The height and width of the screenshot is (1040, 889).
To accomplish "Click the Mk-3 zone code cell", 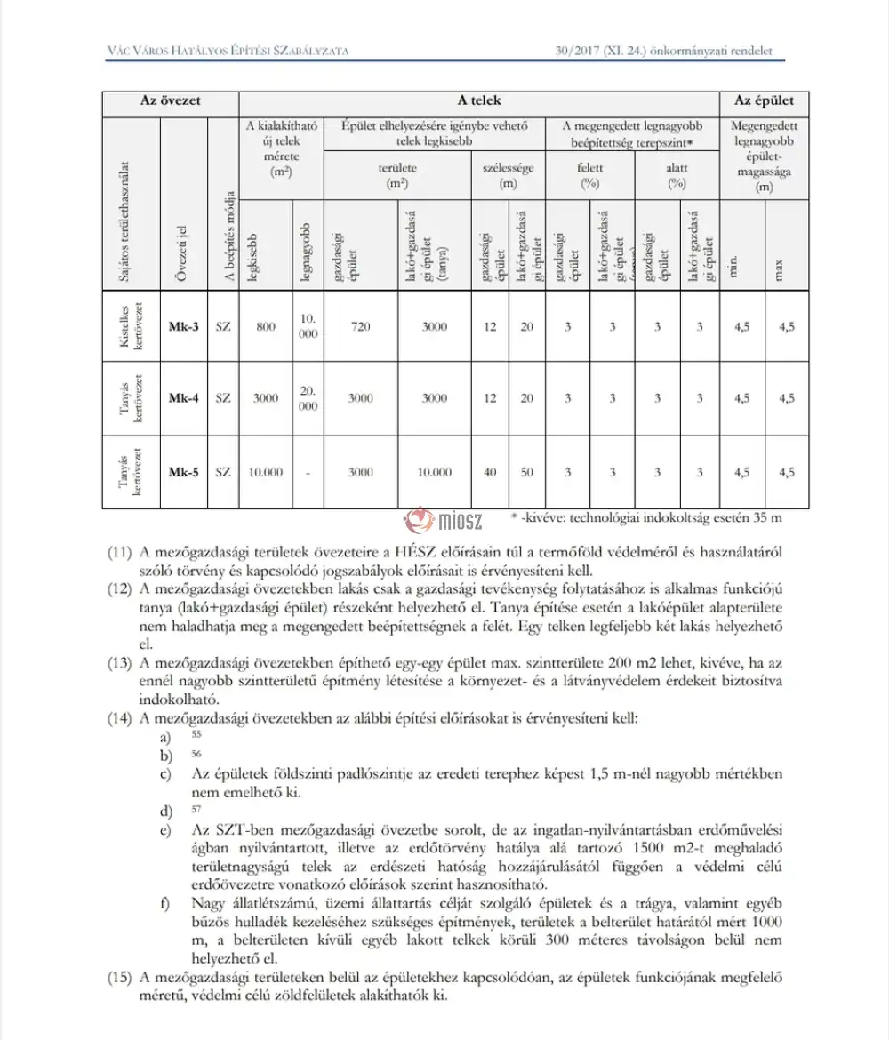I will [x=183, y=326].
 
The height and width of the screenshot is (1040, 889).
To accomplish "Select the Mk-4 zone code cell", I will [x=183, y=398].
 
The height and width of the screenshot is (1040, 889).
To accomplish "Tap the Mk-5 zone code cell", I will [x=183, y=472].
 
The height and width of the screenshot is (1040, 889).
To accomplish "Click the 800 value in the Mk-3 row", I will [x=266, y=326].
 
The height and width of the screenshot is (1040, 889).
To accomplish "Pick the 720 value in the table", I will [x=360, y=326].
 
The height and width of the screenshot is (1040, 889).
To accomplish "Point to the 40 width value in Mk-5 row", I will [x=490, y=472].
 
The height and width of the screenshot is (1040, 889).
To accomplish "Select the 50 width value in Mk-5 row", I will [x=527, y=472].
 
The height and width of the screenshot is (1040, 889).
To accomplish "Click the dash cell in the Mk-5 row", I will [x=308, y=472].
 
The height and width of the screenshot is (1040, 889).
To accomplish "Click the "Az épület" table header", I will [x=763, y=101].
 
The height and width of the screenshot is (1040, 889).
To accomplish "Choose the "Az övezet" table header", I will [x=171, y=101].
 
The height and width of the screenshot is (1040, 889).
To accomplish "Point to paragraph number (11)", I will [x=120, y=552].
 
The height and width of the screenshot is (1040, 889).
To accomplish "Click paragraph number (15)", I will [x=120, y=979].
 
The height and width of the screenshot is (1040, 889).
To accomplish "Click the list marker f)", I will [x=165, y=905].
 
